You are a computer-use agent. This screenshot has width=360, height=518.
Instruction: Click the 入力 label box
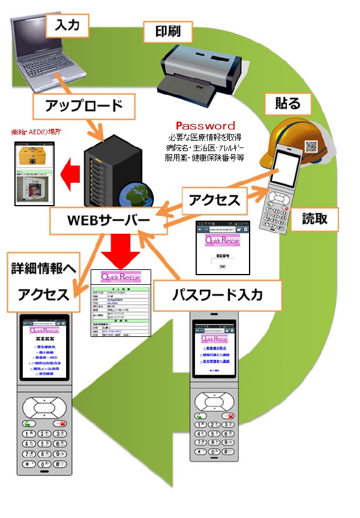pyautogui.click(x=71, y=25)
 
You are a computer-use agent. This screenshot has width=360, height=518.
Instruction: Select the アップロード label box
pyautogui.click(x=85, y=106)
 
